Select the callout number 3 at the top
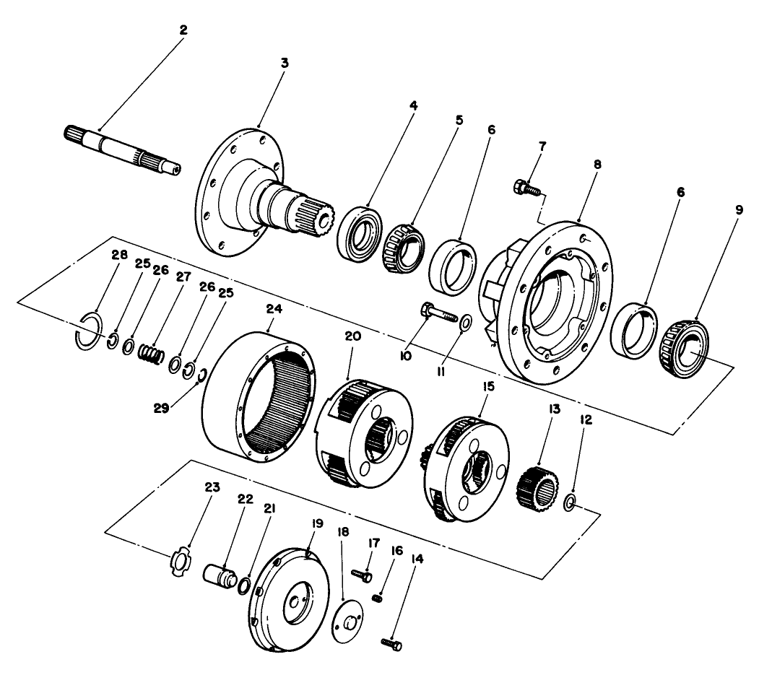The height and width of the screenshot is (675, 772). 285,63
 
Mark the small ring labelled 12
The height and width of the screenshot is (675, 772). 569,502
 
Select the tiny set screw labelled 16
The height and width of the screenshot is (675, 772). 376,597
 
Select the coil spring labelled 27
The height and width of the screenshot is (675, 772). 152,354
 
